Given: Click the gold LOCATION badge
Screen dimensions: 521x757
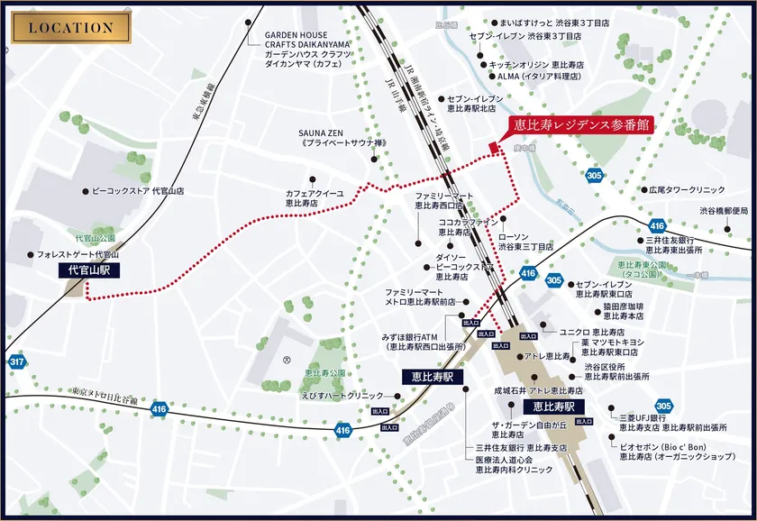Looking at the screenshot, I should tap(71, 27).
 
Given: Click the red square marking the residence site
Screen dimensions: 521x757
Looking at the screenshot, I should tap(493, 148).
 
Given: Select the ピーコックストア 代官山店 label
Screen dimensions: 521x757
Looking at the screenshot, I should tap(139, 191).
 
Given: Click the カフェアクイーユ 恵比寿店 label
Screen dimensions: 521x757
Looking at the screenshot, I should tap(315, 198).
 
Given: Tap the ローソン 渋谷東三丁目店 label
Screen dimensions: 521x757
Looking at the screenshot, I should tap(525, 240).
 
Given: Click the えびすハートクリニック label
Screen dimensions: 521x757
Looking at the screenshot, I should tap(343, 396).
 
